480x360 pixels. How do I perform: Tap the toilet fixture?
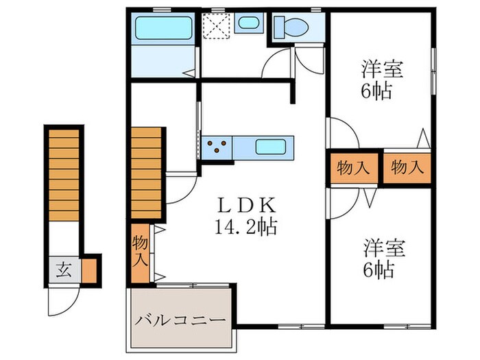click(289, 28)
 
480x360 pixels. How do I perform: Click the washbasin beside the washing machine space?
click(247, 22)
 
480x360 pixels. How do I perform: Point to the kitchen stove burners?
click(217, 146)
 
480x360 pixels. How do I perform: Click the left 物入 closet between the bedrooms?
click(352, 167)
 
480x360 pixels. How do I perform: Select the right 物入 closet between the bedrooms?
click(407, 167)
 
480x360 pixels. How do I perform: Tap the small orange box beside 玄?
click(88, 269)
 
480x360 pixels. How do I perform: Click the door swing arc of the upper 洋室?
click(343, 132)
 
